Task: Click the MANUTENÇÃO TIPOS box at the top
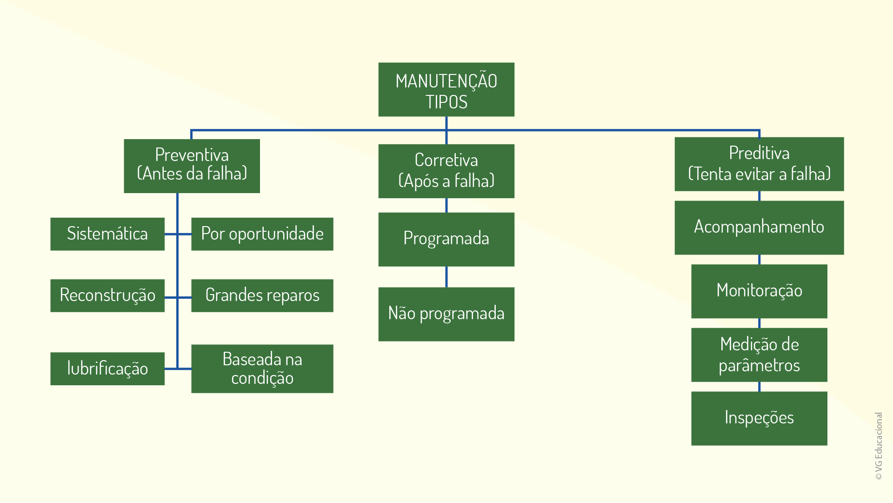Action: (446, 89)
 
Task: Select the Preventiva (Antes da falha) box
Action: (192, 166)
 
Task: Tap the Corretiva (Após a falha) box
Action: (446, 171)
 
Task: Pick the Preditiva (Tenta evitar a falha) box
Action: (759, 164)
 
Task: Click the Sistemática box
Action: (107, 234)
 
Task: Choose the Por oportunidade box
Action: (262, 234)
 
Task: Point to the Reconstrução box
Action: (107, 295)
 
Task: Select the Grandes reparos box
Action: (262, 295)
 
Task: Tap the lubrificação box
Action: (107, 369)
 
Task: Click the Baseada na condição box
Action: (262, 369)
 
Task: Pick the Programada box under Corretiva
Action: (446, 239)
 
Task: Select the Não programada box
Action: (446, 314)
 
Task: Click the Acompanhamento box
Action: (759, 228)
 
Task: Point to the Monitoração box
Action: (759, 291)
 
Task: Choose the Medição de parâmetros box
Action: (759, 355)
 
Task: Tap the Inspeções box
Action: (759, 418)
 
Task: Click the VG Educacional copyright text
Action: (878, 446)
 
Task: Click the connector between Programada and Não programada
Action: (446, 277)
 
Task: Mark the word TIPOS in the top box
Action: (446, 102)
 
